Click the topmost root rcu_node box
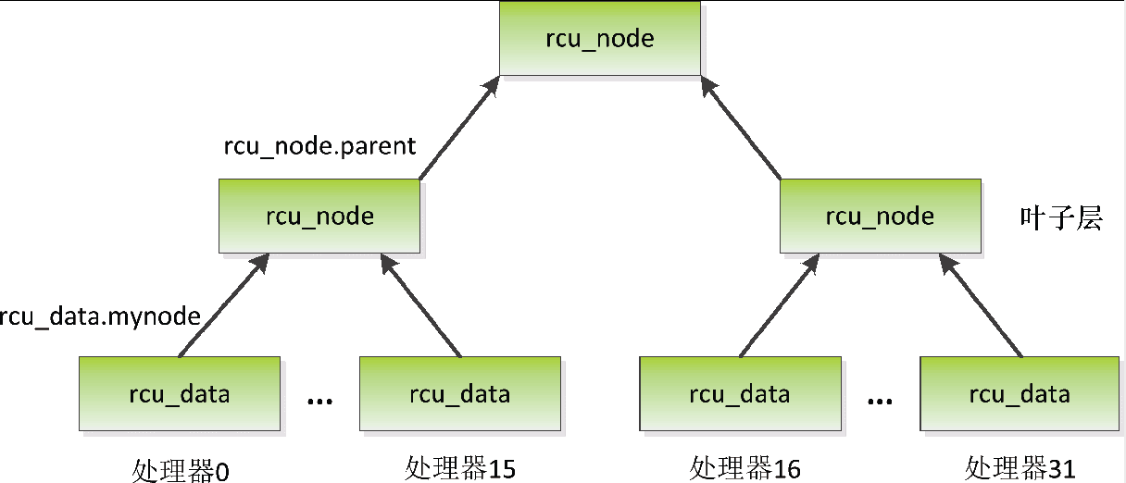pyautogui.click(x=600, y=39)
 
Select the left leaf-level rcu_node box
pyautogui.click(x=319, y=217)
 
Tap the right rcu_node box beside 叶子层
pyautogui.click(x=880, y=217)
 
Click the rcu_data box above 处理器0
pyautogui.click(x=179, y=394)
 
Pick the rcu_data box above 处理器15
pyautogui.click(x=459, y=394)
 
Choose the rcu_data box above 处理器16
pyautogui.click(x=739, y=394)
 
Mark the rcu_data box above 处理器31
pyautogui.click(x=1020, y=394)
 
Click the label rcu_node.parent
pyautogui.click(x=320, y=146)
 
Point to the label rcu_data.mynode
pyautogui.click(x=100, y=316)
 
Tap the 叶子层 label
pyautogui.click(x=1061, y=219)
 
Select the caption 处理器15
pyautogui.click(x=460, y=468)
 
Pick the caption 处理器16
pyautogui.click(x=744, y=468)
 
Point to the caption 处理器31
pyautogui.click(x=1020, y=468)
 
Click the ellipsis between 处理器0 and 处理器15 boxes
pyautogui.click(x=319, y=401)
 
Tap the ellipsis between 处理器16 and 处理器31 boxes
pyautogui.click(x=880, y=401)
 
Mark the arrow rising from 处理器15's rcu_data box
pyautogui.click(x=421, y=307)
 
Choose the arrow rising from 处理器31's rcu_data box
pyautogui.click(x=982, y=307)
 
